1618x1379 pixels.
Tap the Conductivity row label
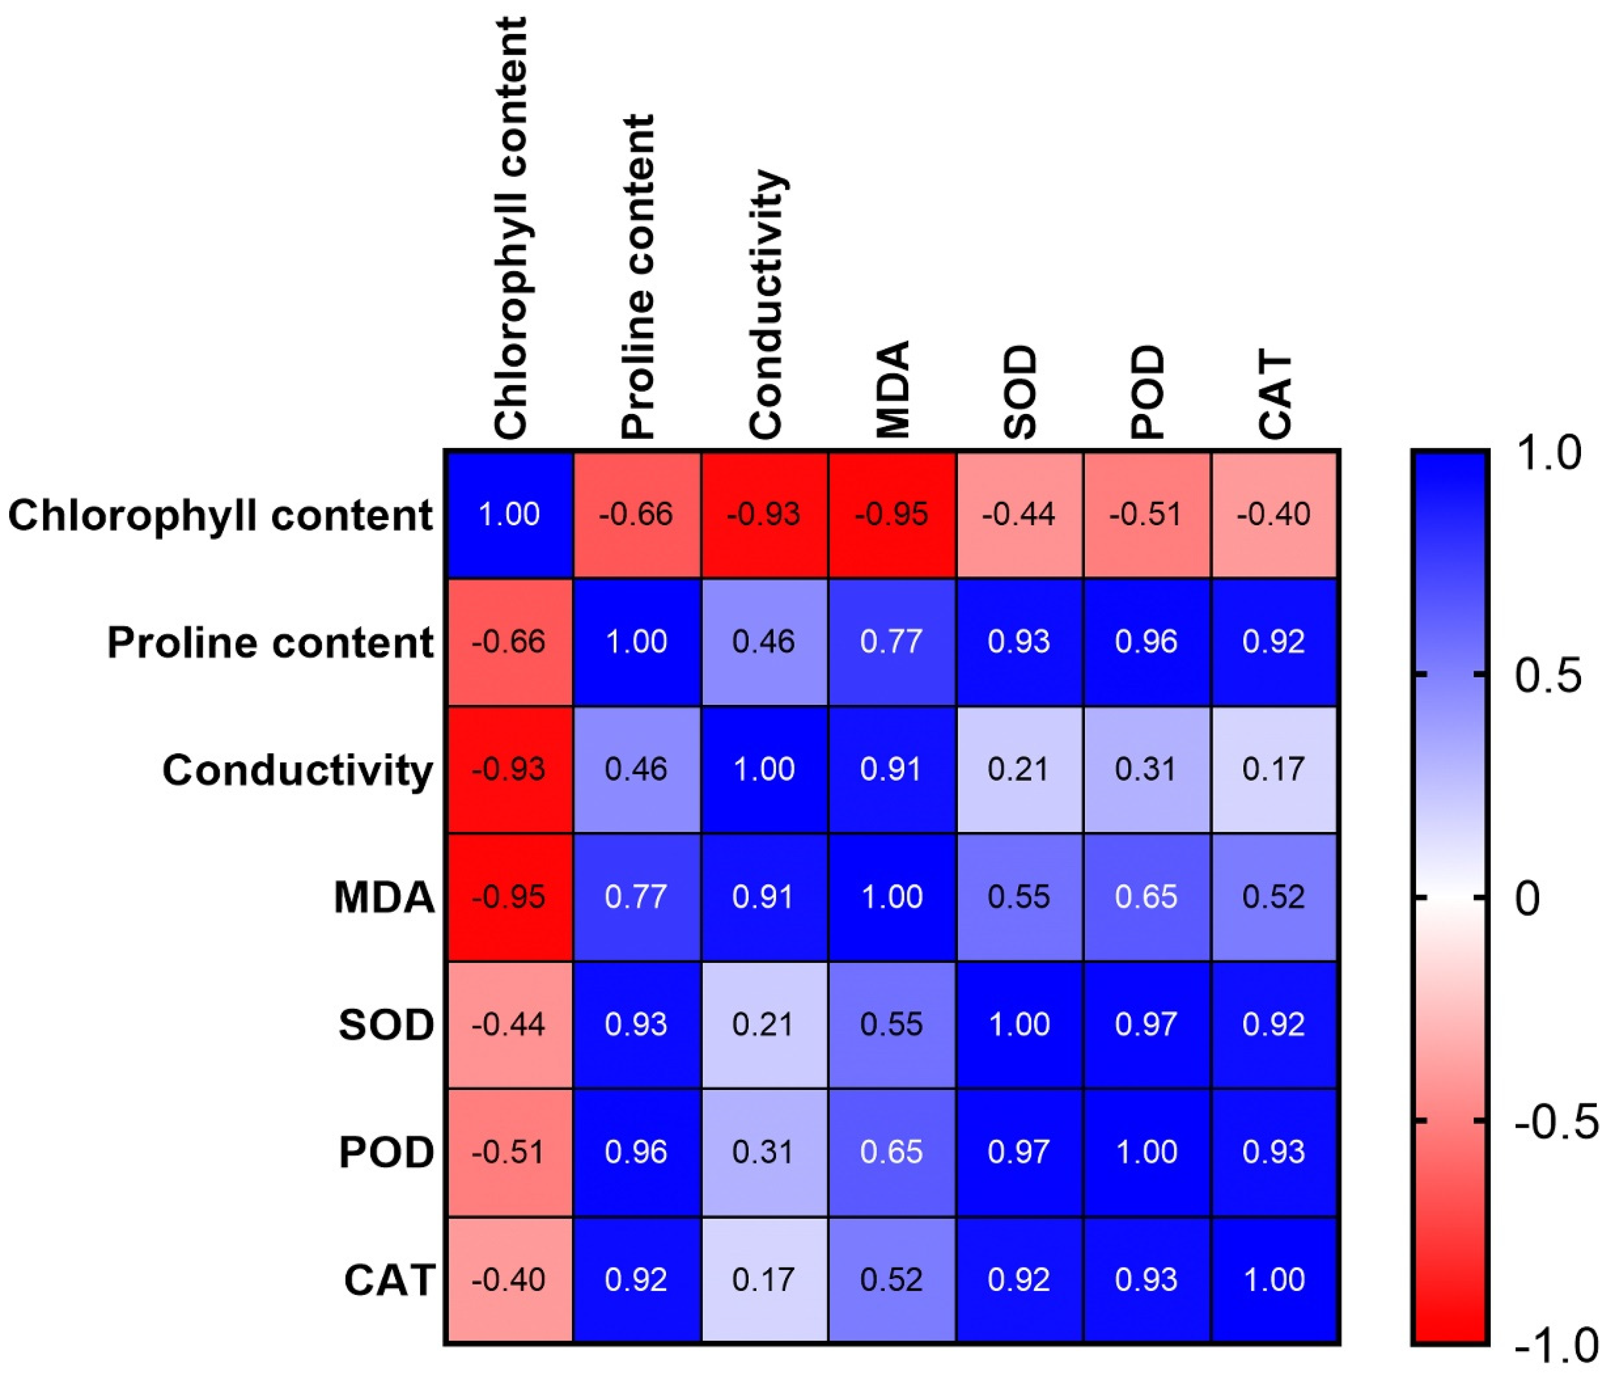point(297,770)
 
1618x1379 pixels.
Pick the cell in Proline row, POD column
point(1146,642)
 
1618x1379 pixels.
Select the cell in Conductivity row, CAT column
point(1274,769)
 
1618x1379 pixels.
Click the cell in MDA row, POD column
point(1146,896)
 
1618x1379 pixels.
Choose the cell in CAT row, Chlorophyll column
point(509,1279)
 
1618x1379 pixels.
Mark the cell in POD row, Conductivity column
point(764,1152)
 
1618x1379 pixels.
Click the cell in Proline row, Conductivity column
point(764,642)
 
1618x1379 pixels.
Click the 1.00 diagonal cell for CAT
point(1274,1279)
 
